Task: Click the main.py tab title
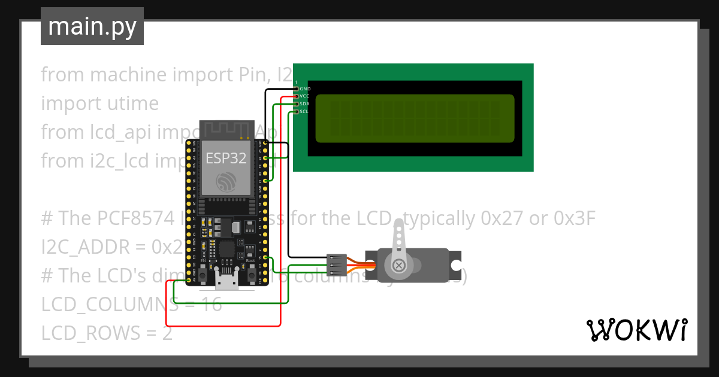tap(92, 26)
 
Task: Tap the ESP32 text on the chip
tap(225, 157)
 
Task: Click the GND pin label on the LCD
tap(304, 89)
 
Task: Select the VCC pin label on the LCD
tap(304, 96)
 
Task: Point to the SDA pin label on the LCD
tap(304, 104)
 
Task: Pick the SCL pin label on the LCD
tap(304, 111)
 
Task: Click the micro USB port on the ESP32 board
tap(226, 282)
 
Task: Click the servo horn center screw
tap(398, 265)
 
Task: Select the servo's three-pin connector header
tap(337, 265)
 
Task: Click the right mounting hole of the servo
tap(456, 265)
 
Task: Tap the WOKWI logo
tap(636, 330)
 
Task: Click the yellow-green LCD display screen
tap(415, 118)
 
